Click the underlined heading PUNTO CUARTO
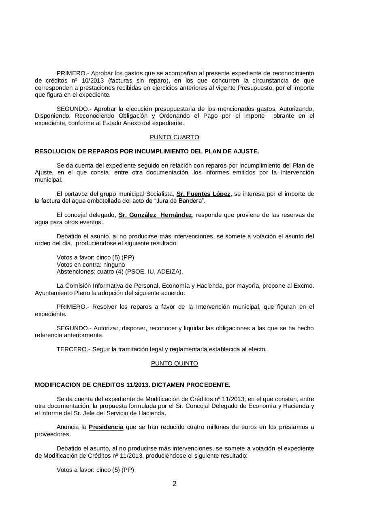click(174, 137)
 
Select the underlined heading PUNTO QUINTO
click(174, 363)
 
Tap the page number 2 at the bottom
click(175, 484)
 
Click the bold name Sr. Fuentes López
click(203, 194)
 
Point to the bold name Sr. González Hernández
click(155, 215)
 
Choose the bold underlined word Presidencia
click(106, 427)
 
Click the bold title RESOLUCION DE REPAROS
click(147, 151)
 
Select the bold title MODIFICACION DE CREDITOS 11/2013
click(132, 384)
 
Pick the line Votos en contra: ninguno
click(91, 265)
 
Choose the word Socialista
click(158, 194)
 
